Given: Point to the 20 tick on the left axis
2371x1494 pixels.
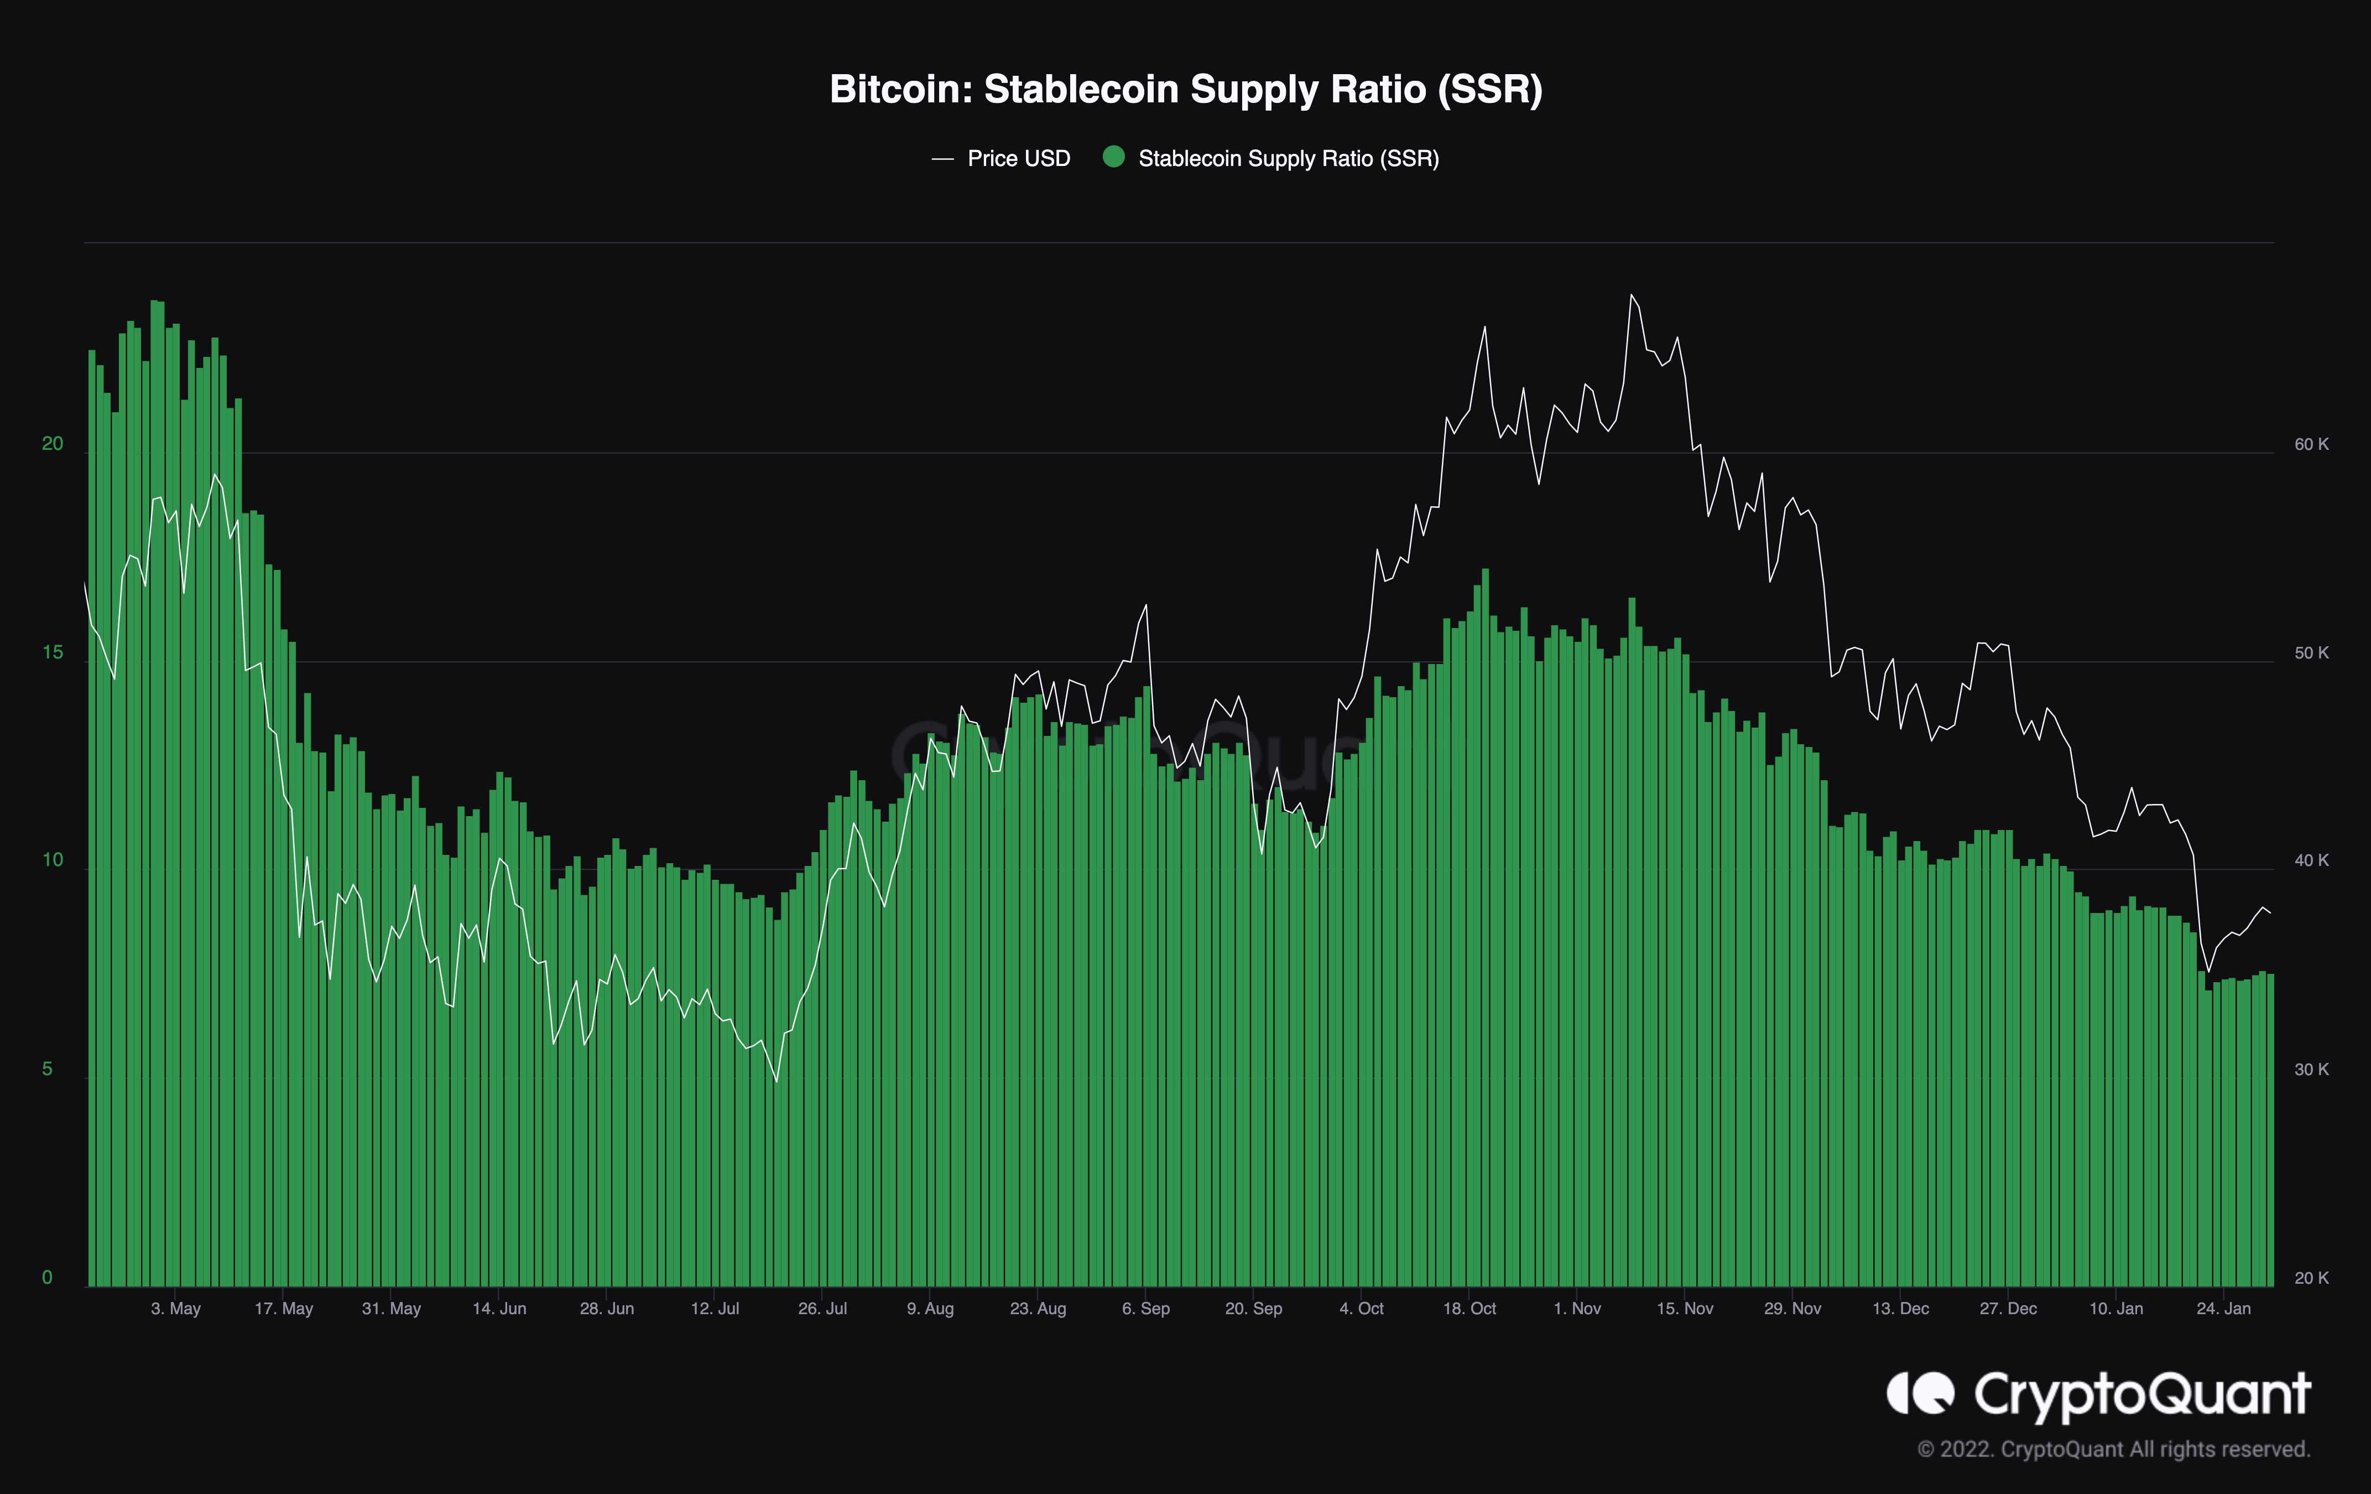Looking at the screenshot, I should (52, 444).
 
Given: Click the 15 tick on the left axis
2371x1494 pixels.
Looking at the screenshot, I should (52, 653).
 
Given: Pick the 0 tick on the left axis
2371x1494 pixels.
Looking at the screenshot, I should (47, 1277).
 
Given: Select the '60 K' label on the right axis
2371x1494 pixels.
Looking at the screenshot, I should (2311, 445).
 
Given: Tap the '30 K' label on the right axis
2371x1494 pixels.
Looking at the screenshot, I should (2311, 1070).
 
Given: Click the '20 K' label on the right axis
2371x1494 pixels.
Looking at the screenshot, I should (2311, 1278).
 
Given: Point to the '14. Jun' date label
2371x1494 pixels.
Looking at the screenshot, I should (499, 1309).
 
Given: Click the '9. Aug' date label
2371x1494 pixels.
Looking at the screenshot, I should (930, 1309).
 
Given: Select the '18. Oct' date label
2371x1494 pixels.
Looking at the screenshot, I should (1469, 1309).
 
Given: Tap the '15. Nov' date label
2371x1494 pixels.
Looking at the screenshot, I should (1685, 1309).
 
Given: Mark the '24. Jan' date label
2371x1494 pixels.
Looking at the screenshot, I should (2223, 1309).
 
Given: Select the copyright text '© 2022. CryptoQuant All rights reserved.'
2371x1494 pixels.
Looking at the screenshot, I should (2113, 1450).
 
